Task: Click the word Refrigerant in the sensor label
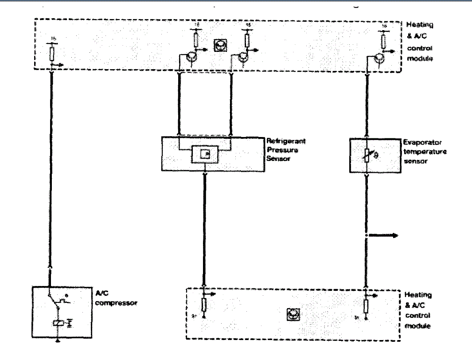click(286, 141)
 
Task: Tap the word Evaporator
click(422, 143)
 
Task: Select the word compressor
click(116, 303)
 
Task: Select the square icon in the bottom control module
click(293, 314)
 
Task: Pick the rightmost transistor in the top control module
click(379, 59)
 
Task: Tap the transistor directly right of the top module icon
click(243, 56)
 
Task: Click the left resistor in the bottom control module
click(204, 305)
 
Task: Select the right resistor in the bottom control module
click(366, 306)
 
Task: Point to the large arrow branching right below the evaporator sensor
click(384, 235)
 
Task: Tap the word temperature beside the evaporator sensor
click(425, 152)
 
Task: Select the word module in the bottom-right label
click(417, 326)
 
